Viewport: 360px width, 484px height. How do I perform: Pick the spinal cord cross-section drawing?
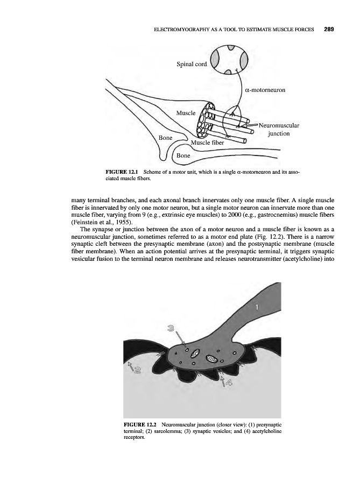229,58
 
